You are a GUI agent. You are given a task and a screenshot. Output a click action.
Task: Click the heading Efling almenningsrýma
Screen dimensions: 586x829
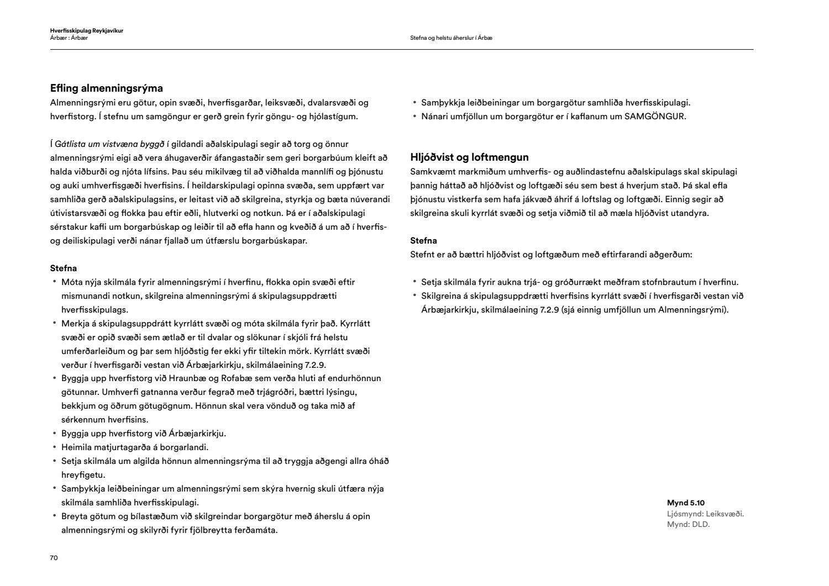tap(106, 88)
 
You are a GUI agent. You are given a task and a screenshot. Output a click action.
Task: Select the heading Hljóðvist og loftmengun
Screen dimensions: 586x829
tap(469, 157)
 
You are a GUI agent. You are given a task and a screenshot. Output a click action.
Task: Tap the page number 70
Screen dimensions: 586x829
tap(54, 558)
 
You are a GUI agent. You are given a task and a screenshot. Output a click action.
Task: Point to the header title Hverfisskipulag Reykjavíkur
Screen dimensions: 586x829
tap(86, 31)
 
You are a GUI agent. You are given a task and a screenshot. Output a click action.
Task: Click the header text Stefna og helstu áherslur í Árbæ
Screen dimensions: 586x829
tap(451, 38)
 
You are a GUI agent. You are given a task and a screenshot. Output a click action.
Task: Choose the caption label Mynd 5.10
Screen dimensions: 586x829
tap(685, 503)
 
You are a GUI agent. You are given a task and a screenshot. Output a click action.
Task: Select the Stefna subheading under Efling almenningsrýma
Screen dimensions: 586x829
tap(64, 268)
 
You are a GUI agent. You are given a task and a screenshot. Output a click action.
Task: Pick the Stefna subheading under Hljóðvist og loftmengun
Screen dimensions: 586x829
tap(423, 241)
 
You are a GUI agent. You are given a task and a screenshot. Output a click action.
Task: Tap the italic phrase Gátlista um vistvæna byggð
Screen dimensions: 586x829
tap(109, 144)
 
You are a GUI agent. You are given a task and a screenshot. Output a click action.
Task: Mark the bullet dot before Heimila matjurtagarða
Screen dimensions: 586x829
tap(55, 447)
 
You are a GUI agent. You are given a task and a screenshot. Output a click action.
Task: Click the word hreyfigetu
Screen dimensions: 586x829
tap(83, 475)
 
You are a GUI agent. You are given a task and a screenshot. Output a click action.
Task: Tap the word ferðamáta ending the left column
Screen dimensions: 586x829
tap(256, 530)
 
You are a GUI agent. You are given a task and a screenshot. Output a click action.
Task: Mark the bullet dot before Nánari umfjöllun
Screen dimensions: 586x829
tap(414, 116)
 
